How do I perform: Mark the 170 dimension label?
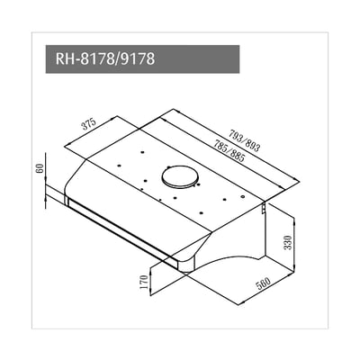(142, 283)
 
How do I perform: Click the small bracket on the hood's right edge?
(262, 209)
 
